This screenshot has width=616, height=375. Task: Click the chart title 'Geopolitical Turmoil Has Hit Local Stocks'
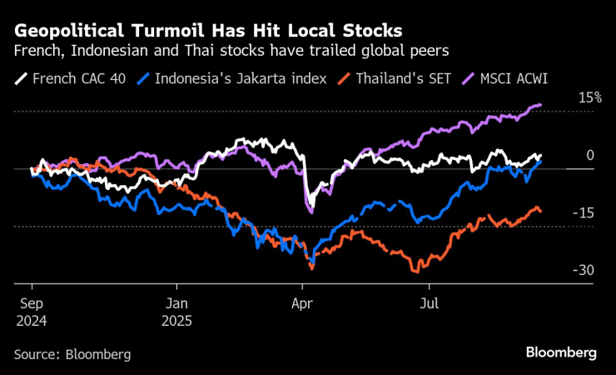click(x=208, y=31)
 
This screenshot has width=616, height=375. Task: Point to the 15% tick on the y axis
click(x=590, y=97)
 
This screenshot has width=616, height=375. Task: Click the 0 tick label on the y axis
click(x=590, y=155)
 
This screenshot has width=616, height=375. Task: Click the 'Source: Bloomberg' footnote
click(x=72, y=354)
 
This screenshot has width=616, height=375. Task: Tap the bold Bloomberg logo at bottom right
click(x=561, y=352)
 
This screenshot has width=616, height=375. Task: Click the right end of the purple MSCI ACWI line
click(x=541, y=105)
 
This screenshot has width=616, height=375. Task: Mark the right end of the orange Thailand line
click(x=541, y=211)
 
